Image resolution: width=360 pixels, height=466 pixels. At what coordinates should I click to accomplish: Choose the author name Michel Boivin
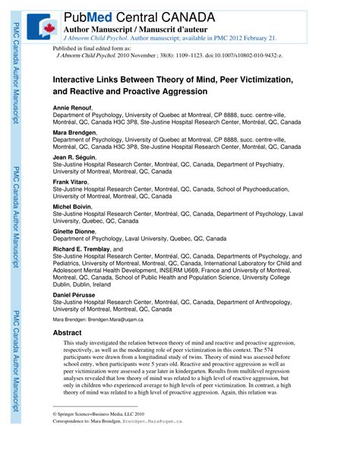pyautogui.click(x=72, y=207)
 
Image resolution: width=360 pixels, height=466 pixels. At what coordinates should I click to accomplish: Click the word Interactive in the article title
pyautogui.click(x=79, y=78)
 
